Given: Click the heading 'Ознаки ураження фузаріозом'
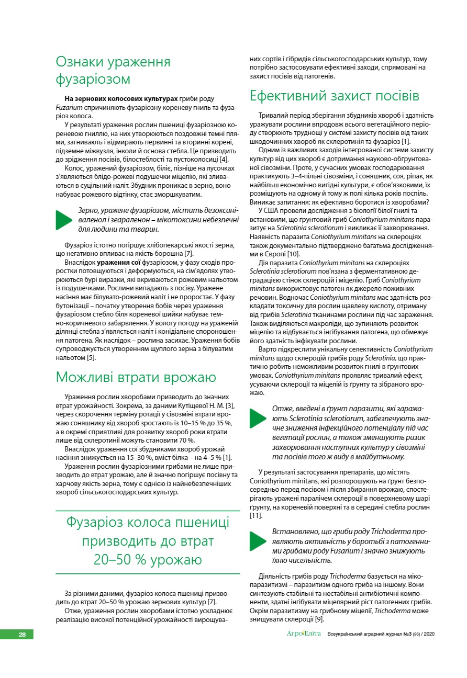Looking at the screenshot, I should click(x=113, y=71).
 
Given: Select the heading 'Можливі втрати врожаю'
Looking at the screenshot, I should click(x=136, y=377).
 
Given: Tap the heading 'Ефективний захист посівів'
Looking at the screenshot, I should click(x=335, y=97).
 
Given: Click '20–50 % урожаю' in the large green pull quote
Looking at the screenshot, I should click(x=148, y=560).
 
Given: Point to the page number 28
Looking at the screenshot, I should click(x=23, y=635).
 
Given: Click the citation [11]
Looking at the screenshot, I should click(x=255, y=515).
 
